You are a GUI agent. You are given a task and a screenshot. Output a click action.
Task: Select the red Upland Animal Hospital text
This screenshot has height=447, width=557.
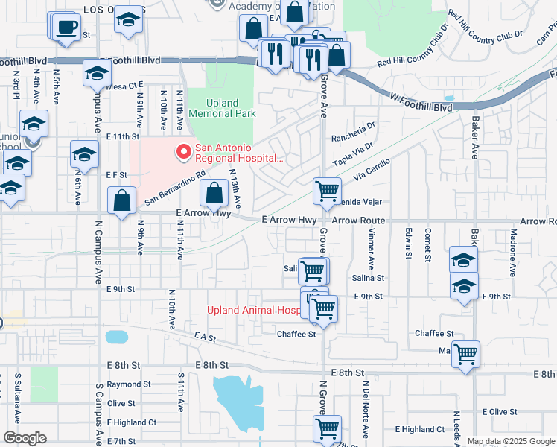252,310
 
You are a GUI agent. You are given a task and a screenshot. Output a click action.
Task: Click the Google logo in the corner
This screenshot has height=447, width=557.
25,438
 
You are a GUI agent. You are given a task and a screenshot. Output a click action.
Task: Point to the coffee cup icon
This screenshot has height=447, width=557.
67,28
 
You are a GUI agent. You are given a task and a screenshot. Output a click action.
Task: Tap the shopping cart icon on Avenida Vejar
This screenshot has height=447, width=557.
327,191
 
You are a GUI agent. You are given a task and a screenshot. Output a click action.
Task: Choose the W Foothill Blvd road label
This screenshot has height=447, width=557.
421,102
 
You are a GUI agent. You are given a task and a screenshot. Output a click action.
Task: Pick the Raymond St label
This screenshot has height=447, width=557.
128,384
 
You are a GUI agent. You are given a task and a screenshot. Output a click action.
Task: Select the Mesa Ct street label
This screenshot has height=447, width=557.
123,86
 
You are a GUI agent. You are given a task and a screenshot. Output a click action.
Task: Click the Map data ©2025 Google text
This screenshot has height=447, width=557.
510,441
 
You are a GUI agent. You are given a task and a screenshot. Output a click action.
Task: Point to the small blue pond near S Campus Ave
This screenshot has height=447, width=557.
117,337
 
